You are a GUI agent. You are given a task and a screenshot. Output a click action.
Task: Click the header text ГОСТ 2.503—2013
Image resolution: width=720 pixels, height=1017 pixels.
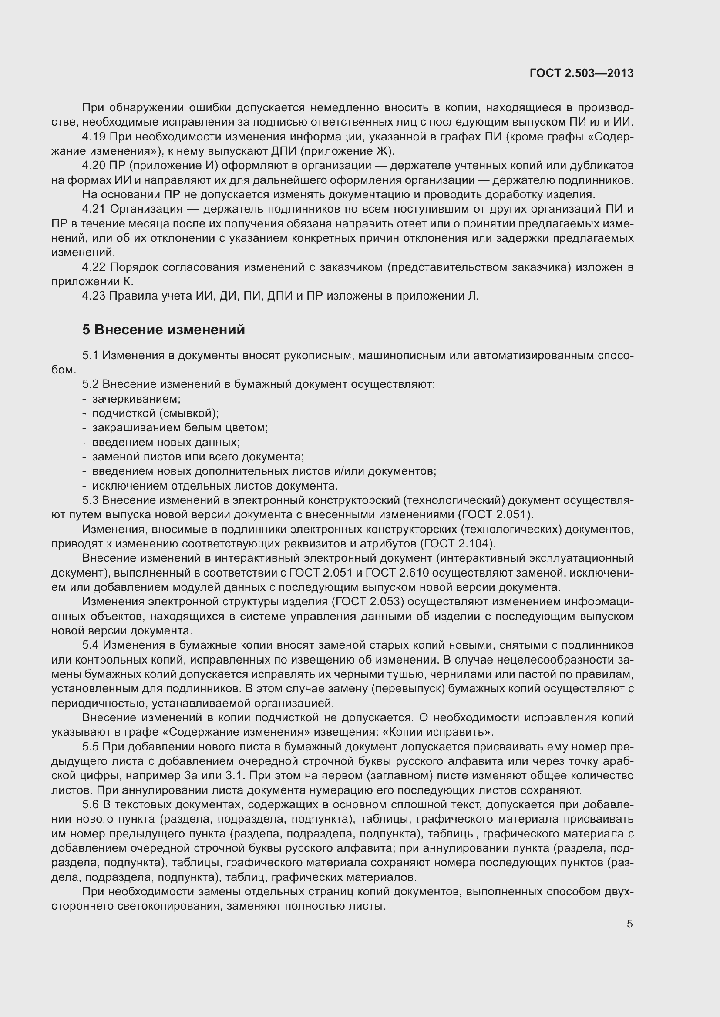(x=581, y=73)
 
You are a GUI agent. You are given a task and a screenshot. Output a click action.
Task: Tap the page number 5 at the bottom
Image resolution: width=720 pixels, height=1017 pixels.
(x=629, y=924)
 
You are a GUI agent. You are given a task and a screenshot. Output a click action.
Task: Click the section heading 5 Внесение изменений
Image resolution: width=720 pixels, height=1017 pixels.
(x=163, y=330)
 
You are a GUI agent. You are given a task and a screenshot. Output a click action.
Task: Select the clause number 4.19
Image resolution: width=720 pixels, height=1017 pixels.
(x=94, y=137)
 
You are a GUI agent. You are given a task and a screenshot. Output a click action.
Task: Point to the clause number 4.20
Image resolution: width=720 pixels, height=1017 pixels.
(x=94, y=166)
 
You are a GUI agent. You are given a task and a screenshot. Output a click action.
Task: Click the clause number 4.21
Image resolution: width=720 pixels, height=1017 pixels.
(x=94, y=209)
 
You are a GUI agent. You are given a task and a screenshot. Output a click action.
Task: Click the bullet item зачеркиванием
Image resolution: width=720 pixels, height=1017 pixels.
(x=136, y=399)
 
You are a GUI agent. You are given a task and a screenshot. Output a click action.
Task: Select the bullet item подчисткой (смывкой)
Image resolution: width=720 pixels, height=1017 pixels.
(x=155, y=413)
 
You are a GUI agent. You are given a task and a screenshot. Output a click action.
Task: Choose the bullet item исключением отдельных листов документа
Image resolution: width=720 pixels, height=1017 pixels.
(x=215, y=486)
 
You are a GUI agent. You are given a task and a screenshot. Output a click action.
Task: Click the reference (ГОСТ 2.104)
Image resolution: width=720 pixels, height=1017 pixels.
(x=457, y=544)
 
